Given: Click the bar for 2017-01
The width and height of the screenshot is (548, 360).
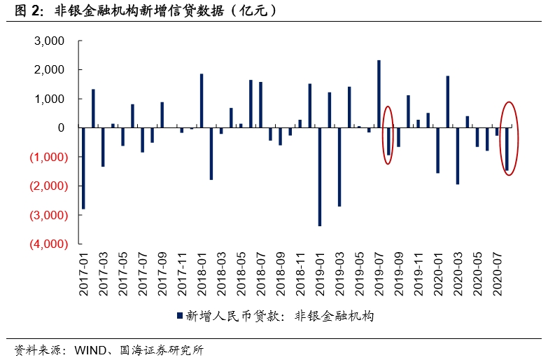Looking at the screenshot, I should [83, 168].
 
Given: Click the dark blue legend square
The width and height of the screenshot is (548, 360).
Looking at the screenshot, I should [178, 317].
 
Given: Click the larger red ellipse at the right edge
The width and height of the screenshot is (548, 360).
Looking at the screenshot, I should [509, 138].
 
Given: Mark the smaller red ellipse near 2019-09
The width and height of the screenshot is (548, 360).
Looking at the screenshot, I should [388, 135].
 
